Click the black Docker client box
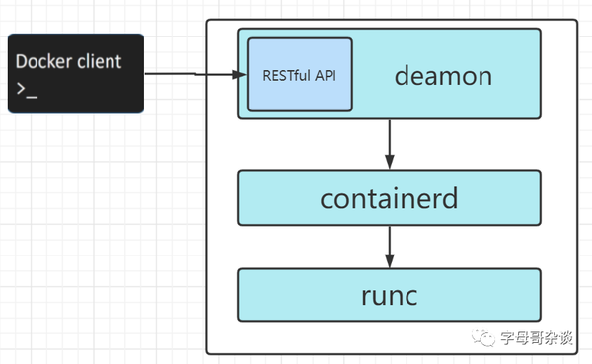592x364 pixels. tap(76, 73)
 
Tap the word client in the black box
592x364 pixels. tap(99, 61)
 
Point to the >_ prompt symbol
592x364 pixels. tap(26, 89)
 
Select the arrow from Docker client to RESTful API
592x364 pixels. tap(192, 74)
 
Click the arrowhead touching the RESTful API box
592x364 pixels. tap(238, 74)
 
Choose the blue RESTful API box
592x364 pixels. tap(299, 74)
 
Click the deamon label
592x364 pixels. tap(443, 75)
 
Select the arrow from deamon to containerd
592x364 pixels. tap(390, 143)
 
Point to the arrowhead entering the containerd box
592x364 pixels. tap(390, 163)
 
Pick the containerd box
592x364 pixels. tap(389, 197)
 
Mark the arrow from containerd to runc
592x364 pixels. tap(390, 245)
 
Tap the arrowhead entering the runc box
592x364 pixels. tap(390, 260)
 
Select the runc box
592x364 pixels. tap(389, 294)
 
